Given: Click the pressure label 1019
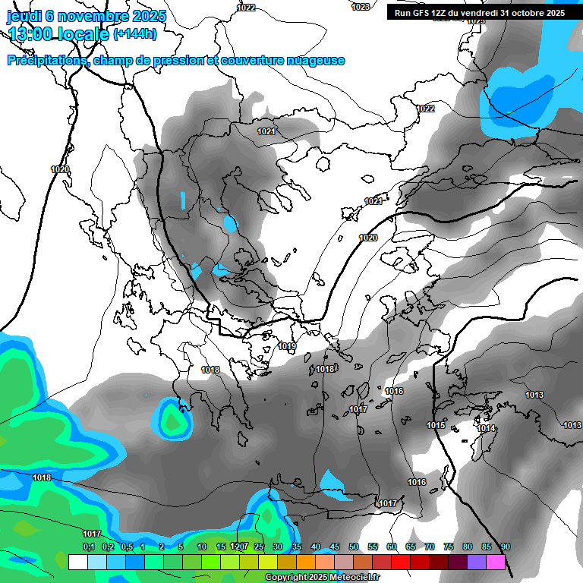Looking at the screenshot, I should [x=287, y=346].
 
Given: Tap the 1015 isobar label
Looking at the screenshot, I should [x=436, y=425].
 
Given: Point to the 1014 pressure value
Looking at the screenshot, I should [x=487, y=429].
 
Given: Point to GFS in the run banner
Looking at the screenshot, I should [x=423, y=13].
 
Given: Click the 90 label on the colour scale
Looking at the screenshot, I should [x=506, y=547].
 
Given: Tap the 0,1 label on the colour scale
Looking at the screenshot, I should [x=89, y=547].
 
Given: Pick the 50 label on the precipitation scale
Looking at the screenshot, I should [x=354, y=547].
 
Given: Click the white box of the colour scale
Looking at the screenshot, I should [x=77, y=563].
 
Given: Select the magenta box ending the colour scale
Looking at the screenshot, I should [x=496, y=563].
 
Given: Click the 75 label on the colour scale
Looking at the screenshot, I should [x=449, y=547].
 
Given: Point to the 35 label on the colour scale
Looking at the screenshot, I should [x=297, y=547].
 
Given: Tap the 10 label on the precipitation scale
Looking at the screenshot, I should [x=202, y=547].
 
